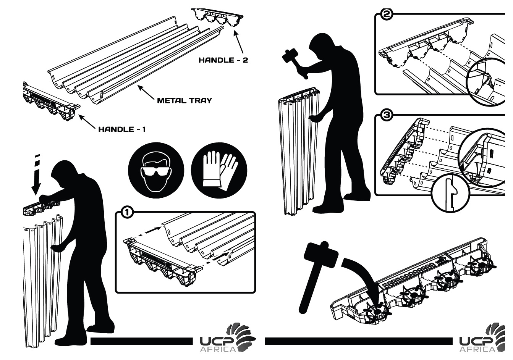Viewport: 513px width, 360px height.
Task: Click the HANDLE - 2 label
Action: [223, 60]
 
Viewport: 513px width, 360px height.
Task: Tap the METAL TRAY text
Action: [184, 101]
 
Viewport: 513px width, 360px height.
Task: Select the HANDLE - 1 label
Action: [122, 129]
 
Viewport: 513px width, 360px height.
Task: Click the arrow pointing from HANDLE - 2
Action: [240, 42]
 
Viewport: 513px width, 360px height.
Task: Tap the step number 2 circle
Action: [387, 15]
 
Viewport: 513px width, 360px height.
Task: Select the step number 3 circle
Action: [387, 116]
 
